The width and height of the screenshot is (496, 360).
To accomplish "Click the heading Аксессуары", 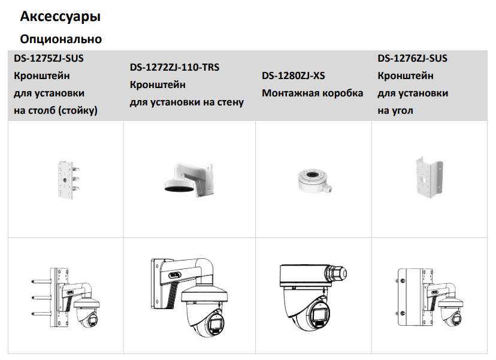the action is point(61,16).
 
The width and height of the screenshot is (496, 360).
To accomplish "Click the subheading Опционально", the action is point(61,39).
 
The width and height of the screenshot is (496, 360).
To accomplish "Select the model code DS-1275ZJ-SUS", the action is point(49,58).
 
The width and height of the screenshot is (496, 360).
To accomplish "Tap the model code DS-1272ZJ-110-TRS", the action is point(174,67).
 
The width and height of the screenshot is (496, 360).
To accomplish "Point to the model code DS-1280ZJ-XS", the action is point(294,75).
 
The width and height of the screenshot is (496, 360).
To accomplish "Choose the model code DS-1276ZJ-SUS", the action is point(413,58).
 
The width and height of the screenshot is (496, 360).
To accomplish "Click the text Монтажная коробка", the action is point(313,93).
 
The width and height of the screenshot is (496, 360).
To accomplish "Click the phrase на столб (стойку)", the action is point(56,110).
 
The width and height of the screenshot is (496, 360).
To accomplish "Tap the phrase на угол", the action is point(395,111).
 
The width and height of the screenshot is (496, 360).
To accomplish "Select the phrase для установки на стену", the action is point(187,102).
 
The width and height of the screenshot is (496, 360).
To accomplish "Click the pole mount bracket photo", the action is point(68,180).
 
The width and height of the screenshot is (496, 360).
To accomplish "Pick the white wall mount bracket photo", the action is point(189,179).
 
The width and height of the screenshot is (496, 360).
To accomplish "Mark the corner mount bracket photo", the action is point(429,178).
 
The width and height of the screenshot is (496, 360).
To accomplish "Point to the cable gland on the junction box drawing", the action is point(337,274).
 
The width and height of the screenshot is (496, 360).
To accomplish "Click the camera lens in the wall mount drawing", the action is point(216,326).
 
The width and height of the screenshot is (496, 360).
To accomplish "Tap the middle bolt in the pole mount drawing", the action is point(41,297).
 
